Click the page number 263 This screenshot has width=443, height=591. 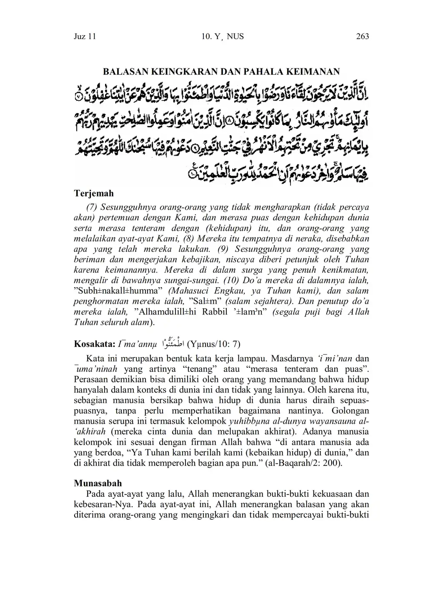pyautogui.click(x=362, y=37)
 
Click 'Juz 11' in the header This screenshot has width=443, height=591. pyautogui.click(x=85, y=37)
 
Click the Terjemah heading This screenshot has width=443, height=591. pyautogui.click(x=93, y=194)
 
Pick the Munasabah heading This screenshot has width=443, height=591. pyautogui.click(x=98, y=483)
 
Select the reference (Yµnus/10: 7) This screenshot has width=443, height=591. pyautogui.click(x=214, y=344)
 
